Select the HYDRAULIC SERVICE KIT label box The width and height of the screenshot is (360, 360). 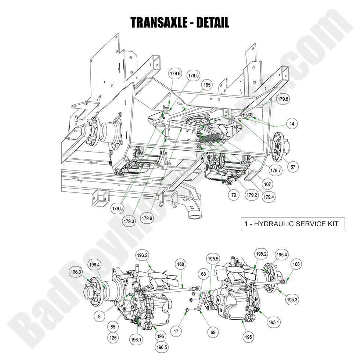[x=293, y=223]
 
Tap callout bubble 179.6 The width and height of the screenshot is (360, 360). [x=176, y=74]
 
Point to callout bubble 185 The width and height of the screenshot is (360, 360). [x=207, y=85]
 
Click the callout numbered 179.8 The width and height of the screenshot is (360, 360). [x=283, y=99]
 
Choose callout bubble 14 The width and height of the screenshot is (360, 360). [x=292, y=124]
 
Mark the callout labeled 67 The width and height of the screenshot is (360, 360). [x=293, y=167]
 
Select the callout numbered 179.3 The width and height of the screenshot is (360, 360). [x=129, y=221]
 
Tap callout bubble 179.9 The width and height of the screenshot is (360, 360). [x=147, y=219]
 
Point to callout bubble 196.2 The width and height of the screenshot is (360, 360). [x=142, y=255]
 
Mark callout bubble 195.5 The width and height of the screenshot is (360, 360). [x=213, y=258]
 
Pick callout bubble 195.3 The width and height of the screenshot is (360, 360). [x=292, y=300]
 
